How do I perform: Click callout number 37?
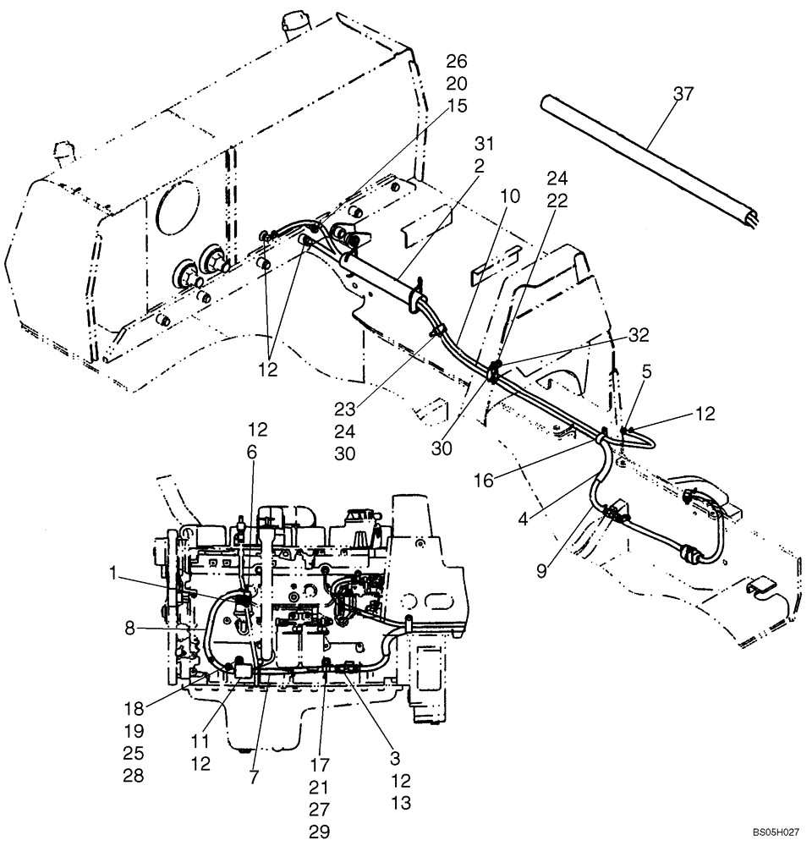(683, 94)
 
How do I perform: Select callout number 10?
(510, 196)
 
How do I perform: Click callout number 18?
(134, 708)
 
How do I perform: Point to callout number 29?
(318, 831)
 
